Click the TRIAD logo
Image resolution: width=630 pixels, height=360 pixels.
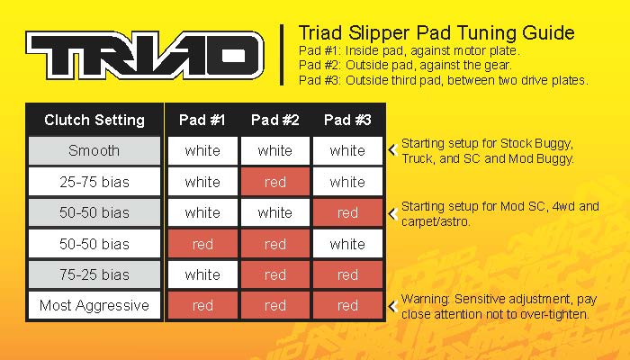(x=145, y=55)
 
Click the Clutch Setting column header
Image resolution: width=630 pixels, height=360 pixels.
(x=94, y=120)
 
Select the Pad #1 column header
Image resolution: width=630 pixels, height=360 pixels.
(x=202, y=120)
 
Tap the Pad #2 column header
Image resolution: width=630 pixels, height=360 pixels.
(x=274, y=120)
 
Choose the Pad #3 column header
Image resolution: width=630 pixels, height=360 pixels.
(x=347, y=120)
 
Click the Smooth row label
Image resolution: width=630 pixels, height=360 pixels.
(x=94, y=150)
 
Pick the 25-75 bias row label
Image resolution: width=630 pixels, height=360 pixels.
(x=94, y=182)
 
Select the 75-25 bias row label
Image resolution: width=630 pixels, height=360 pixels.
(x=94, y=274)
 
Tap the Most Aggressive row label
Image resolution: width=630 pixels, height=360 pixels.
(x=94, y=305)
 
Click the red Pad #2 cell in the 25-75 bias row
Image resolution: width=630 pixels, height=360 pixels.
(x=275, y=182)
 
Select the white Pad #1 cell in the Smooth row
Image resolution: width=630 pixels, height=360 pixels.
(x=202, y=150)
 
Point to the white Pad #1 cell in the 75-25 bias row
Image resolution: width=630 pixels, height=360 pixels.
(x=202, y=274)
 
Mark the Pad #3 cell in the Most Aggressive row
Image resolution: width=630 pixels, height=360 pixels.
(x=347, y=305)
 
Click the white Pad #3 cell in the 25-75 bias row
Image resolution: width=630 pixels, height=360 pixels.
(x=347, y=182)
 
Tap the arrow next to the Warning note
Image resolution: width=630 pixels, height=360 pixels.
(x=393, y=306)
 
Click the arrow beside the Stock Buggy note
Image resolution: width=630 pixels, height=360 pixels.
(x=393, y=150)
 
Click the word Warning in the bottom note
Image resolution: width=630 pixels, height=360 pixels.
(x=425, y=300)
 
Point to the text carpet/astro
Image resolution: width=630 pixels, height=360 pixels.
(x=435, y=221)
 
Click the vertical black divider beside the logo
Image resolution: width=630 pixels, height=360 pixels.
(x=282, y=55)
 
